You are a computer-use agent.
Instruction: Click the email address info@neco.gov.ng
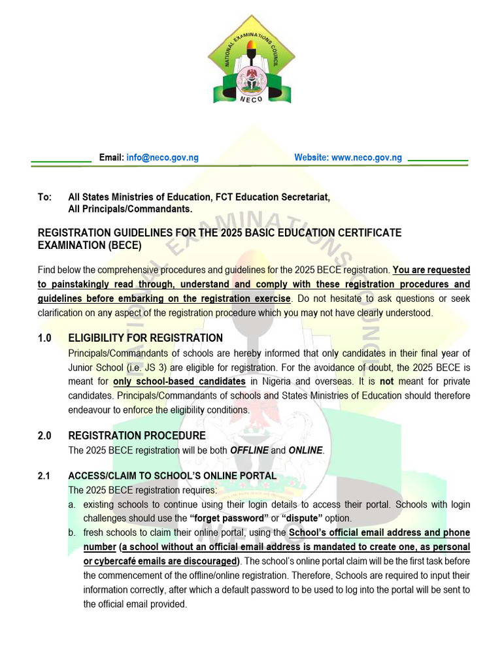pos(162,157)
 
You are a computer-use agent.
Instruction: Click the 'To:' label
pos(44,197)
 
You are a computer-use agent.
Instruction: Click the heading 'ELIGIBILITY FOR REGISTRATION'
pos(145,338)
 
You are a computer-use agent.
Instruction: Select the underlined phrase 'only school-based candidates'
pos(179,381)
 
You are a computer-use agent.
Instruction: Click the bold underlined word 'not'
pos(387,381)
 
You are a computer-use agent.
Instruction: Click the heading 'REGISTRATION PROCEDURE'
pos(137,435)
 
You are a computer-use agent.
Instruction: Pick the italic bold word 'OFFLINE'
pos(249,450)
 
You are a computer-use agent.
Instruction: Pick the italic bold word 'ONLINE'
pos(305,450)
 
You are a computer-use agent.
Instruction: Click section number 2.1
pos(44,476)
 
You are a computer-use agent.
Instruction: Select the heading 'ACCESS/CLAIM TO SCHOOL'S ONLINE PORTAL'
pos(173,476)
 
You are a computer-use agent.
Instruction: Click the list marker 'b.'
pos(72,532)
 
